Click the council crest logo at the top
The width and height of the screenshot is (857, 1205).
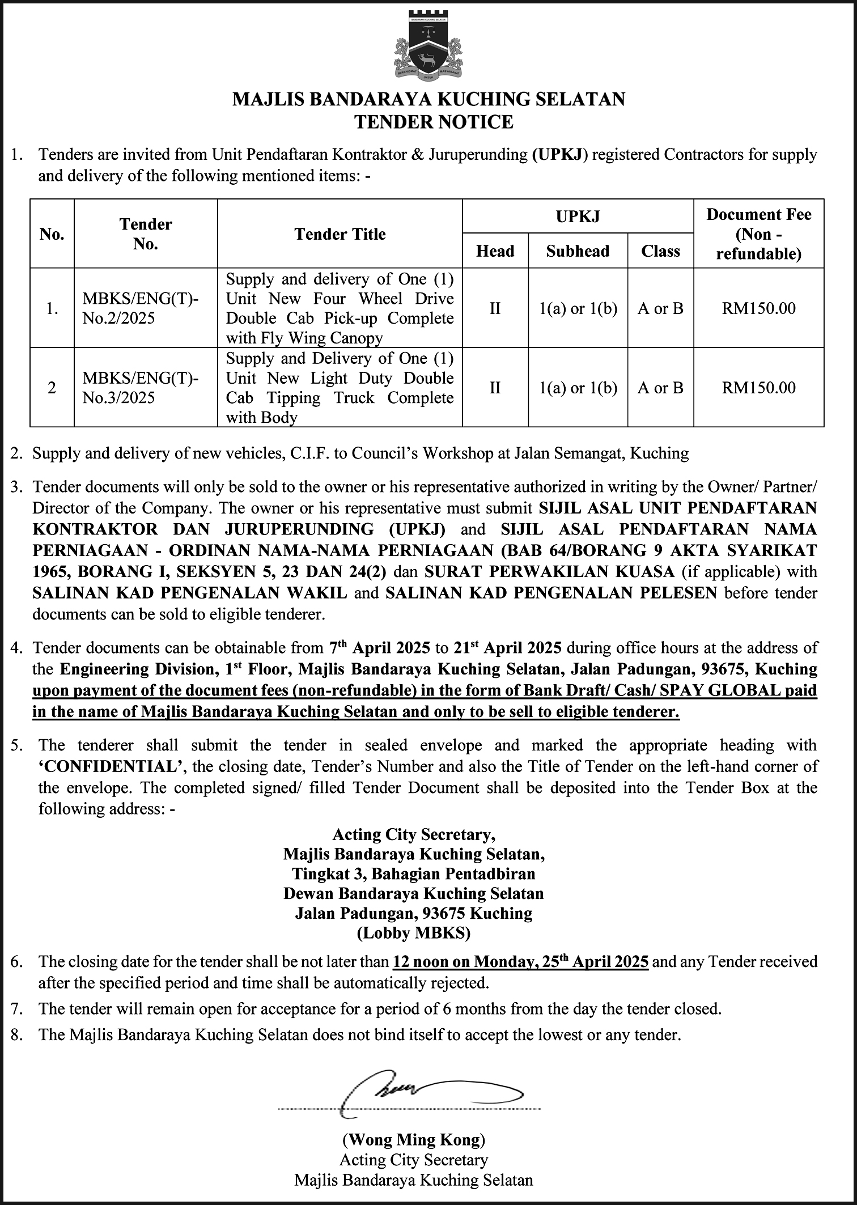(428, 45)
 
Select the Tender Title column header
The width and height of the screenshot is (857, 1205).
(340, 234)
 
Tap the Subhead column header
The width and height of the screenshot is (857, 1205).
(578, 251)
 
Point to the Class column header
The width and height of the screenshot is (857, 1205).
(660, 251)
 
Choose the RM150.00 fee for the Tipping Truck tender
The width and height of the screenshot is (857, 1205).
(758, 388)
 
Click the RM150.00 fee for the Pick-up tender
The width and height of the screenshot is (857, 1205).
(758, 308)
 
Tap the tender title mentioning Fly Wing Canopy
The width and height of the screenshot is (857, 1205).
(340, 308)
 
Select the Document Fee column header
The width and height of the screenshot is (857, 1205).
(758, 234)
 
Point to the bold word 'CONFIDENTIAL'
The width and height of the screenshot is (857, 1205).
(111, 767)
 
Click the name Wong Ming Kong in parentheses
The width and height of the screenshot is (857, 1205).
(414, 1139)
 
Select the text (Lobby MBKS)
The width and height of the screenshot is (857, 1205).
(414, 933)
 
